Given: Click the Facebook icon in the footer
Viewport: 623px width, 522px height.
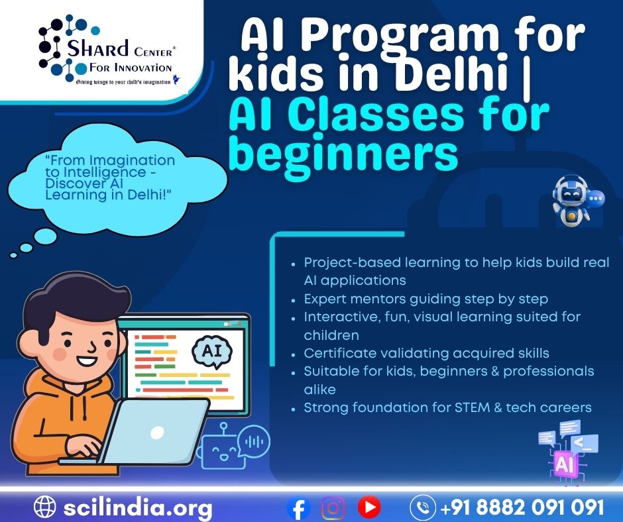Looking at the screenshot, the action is coord(298,508).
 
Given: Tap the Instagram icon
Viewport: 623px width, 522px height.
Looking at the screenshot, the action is coord(333,508).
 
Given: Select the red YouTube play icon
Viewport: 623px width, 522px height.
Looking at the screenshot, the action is coord(369,507).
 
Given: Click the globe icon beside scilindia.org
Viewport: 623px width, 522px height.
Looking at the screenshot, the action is coord(45,507).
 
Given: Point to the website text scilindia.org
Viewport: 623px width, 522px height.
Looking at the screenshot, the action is coord(138,507).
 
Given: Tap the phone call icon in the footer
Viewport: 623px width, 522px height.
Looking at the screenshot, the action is coord(423,507).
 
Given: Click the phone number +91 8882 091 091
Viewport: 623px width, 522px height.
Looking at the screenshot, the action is coord(522,507).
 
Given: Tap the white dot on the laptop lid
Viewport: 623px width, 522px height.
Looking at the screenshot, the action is coord(157,432).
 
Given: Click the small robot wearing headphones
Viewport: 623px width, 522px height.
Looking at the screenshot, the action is coord(573,201).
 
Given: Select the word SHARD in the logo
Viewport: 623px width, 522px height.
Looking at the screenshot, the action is coord(97,48).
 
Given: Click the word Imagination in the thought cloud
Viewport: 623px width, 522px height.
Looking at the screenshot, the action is coord(133,160).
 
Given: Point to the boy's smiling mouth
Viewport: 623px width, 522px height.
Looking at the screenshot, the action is coord(87,361).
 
